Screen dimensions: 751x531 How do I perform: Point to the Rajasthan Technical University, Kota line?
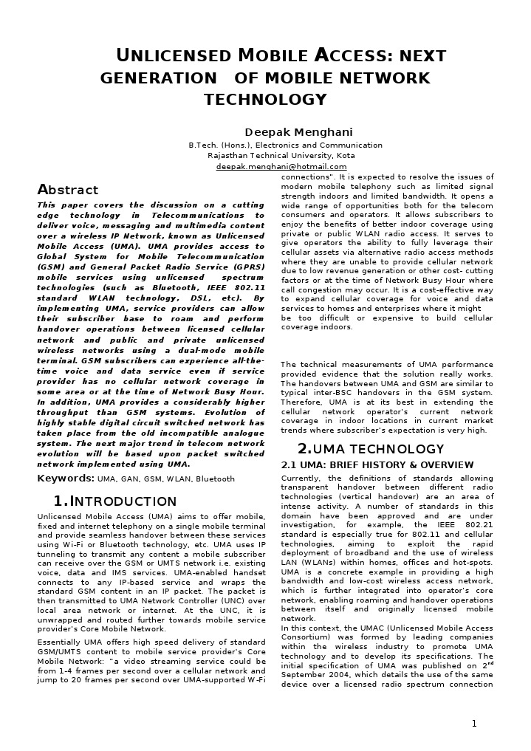click(281, 156)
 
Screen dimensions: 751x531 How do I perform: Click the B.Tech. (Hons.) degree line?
click(285, 145)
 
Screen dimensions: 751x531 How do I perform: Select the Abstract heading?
click(67, 190)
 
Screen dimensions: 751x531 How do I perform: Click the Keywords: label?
click(66, 479)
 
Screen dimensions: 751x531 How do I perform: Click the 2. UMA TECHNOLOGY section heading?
click(370, 449)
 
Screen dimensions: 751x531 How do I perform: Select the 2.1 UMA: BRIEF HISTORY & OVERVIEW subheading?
click(377, 465)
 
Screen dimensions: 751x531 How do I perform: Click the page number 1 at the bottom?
click(475, 723)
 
